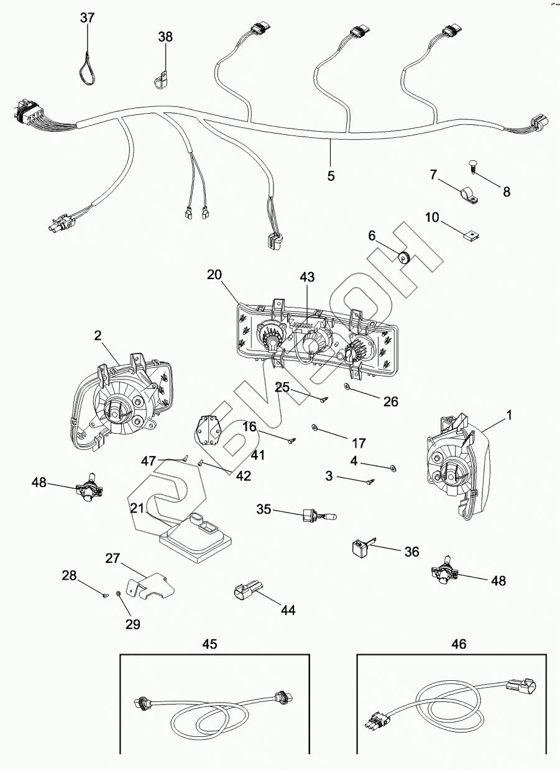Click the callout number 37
click(87, 18)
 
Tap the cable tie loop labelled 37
click(87, 68)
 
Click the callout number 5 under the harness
click(331, 176)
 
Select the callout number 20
click(214, 275)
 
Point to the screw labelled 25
click(324, 399)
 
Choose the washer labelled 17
click(314, 427)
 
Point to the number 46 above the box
click(459, 644)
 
